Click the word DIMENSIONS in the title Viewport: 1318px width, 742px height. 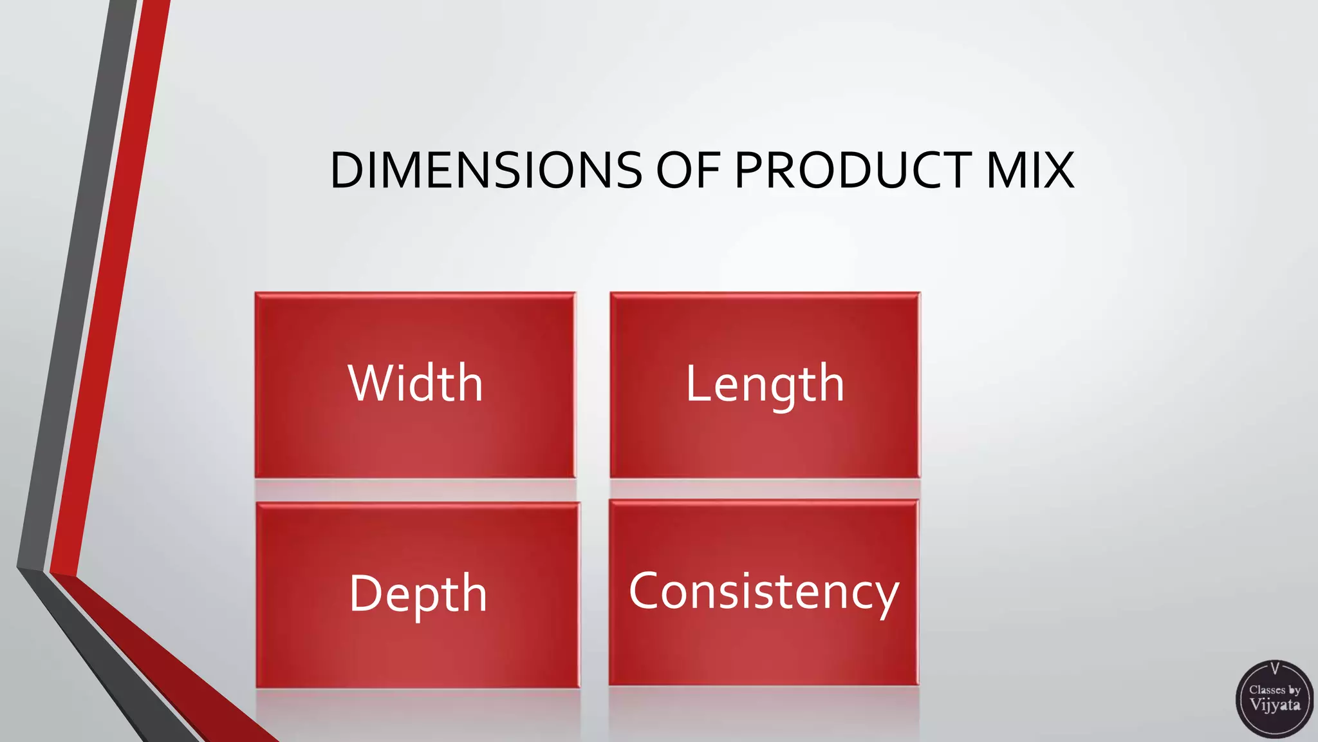[x=486, y=171]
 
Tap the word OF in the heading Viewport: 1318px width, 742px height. [x=687, y=171]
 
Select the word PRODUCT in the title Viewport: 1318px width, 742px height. [x=853, y=171]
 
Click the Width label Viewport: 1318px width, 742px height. [x=415, y=383]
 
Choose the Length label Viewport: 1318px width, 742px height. [x=765, y=385]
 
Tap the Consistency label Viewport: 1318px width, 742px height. [x=763, y=592]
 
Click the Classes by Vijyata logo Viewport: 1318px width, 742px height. [x=1274, y=699]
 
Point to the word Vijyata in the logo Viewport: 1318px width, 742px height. [x=1275, y=705]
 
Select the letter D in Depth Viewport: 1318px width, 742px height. [x=366, y=593]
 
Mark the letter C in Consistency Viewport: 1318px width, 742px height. [x=645, y=591]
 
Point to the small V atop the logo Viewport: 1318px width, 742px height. [x=1275, y=668]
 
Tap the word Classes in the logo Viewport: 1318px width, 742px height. [x=1267, y=690]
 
